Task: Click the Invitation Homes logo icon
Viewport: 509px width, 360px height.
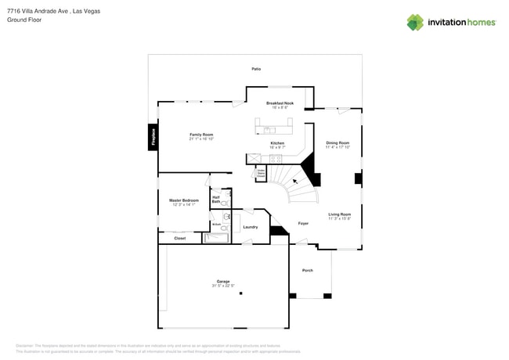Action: coord(415,23)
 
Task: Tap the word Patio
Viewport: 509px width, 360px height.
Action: coord(256,69)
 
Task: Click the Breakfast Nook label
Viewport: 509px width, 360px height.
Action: coord(280,103)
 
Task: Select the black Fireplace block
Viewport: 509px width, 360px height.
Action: coord(153,137)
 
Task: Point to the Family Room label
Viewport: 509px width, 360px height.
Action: coord(201,135)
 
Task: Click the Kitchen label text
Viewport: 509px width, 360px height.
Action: coord(277,143)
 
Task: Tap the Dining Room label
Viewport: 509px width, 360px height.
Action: coord(338,142)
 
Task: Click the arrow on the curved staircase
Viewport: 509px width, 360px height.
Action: coord(296,182)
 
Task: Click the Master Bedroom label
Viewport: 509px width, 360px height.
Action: coord(184,200)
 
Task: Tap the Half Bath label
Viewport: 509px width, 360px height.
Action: coord(215,200)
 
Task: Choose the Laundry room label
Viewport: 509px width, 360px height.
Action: coord(250,227)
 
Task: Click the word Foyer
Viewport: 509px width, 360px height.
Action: coord(303,223)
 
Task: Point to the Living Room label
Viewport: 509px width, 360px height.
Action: coord(339,214)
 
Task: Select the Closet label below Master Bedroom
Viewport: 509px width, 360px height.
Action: coord(180,238)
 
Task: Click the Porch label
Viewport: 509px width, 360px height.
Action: coord(307,270)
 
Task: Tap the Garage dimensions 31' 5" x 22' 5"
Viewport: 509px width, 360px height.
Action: coord(223,286)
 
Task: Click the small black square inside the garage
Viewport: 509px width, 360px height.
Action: coord(241,293)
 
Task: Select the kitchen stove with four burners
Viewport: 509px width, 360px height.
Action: coord(276,159)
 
